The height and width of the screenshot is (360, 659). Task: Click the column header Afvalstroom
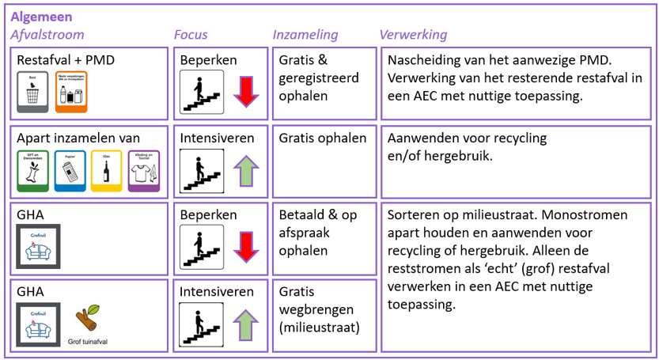tap(47, 35)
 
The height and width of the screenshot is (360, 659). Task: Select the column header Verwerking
tap(413, 35)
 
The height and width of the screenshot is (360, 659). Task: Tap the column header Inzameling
tap(305, 35)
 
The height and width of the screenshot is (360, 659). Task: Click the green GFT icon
tap(32, 171)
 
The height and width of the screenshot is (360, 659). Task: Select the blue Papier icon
tap(70, 171)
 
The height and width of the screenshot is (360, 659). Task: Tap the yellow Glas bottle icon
tap(107, 171)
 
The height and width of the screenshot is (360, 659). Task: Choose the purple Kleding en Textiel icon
tap(144, 171)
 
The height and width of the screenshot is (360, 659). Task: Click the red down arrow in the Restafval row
tap(246, 92)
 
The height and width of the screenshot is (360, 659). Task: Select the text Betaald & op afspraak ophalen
tap(317, 233)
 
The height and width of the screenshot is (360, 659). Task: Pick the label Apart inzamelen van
tap(78, 138)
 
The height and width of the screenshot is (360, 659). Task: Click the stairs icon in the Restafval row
tap(202, 92)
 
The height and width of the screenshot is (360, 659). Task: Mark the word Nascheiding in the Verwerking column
tap(424, 60)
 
